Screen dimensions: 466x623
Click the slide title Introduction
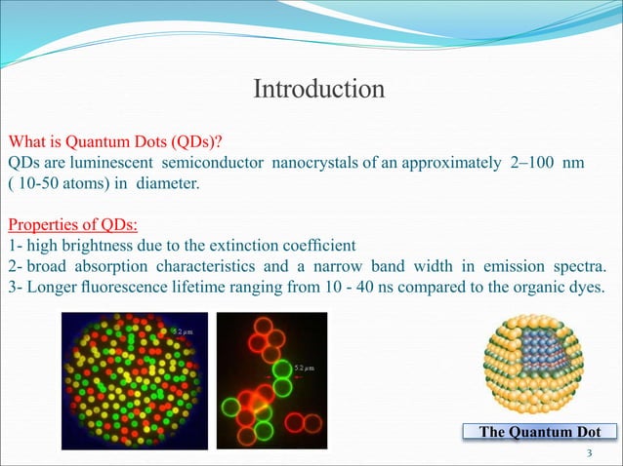(x=318, y=90)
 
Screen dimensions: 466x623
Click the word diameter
(x=167, y=183)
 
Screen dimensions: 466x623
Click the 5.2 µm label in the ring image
(x=304, y=367)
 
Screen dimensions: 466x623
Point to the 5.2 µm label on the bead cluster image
(x=182, y=332)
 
